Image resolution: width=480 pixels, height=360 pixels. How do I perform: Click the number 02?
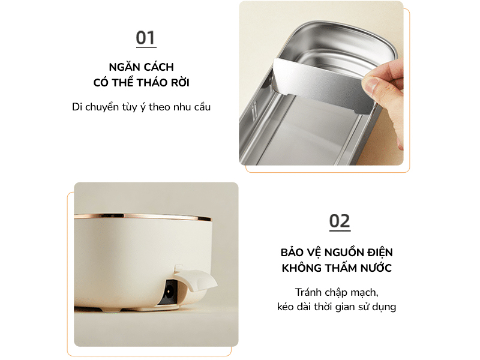coord(340,221)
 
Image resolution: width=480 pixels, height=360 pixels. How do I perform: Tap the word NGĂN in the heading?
coord(124,67)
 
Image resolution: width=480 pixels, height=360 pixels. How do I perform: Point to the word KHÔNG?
coord(302,268)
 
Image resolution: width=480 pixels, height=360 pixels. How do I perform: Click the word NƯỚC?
coord(374,268)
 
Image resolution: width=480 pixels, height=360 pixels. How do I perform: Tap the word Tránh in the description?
coord(310,292)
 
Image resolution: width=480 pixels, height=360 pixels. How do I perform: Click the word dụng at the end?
coord(382,307)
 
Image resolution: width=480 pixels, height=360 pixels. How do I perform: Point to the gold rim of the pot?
coord(150,215)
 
